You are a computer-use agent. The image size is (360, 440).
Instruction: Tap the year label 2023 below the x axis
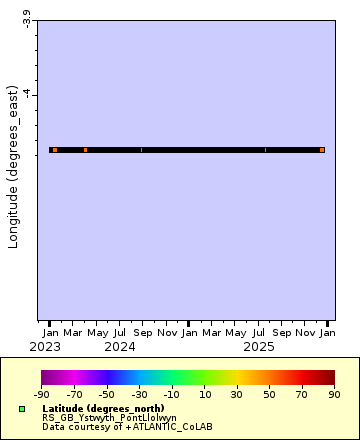tap(50, 346)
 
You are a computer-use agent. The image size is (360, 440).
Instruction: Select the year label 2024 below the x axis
tap(120, 346)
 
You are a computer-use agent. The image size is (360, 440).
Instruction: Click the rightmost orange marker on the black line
tap(322, 150)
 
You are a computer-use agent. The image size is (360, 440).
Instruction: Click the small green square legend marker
tap(22, 409)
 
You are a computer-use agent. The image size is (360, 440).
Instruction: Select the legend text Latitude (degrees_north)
tap(103, 409)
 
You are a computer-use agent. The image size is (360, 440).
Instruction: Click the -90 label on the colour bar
tap(42, 395)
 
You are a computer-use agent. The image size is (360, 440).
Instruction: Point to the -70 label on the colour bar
tap(75, 395)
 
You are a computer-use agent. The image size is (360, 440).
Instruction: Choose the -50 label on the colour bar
tap(107, 395)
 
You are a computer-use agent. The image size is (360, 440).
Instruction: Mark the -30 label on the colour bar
tap(140, 395)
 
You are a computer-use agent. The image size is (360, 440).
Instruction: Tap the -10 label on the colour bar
tap(172, 395)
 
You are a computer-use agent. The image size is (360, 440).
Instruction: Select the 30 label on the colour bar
tap(238, 395)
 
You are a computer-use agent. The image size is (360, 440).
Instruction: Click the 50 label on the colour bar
tap(270, 395)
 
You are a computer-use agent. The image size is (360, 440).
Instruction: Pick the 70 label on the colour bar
tap(303, 395)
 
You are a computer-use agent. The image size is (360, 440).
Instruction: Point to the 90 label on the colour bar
tap(335, 395)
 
